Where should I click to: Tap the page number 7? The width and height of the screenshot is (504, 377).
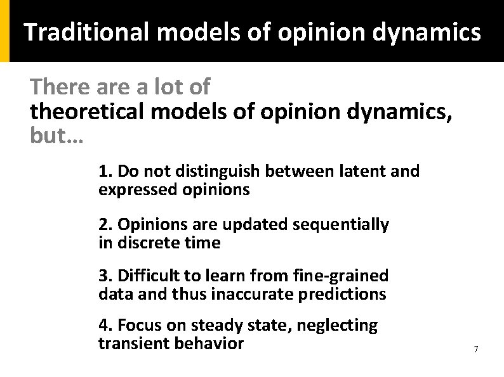pyautogui.click(x=476, y=349)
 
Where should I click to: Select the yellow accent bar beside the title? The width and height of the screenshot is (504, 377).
pyautogui.click(x=4, y=31)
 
